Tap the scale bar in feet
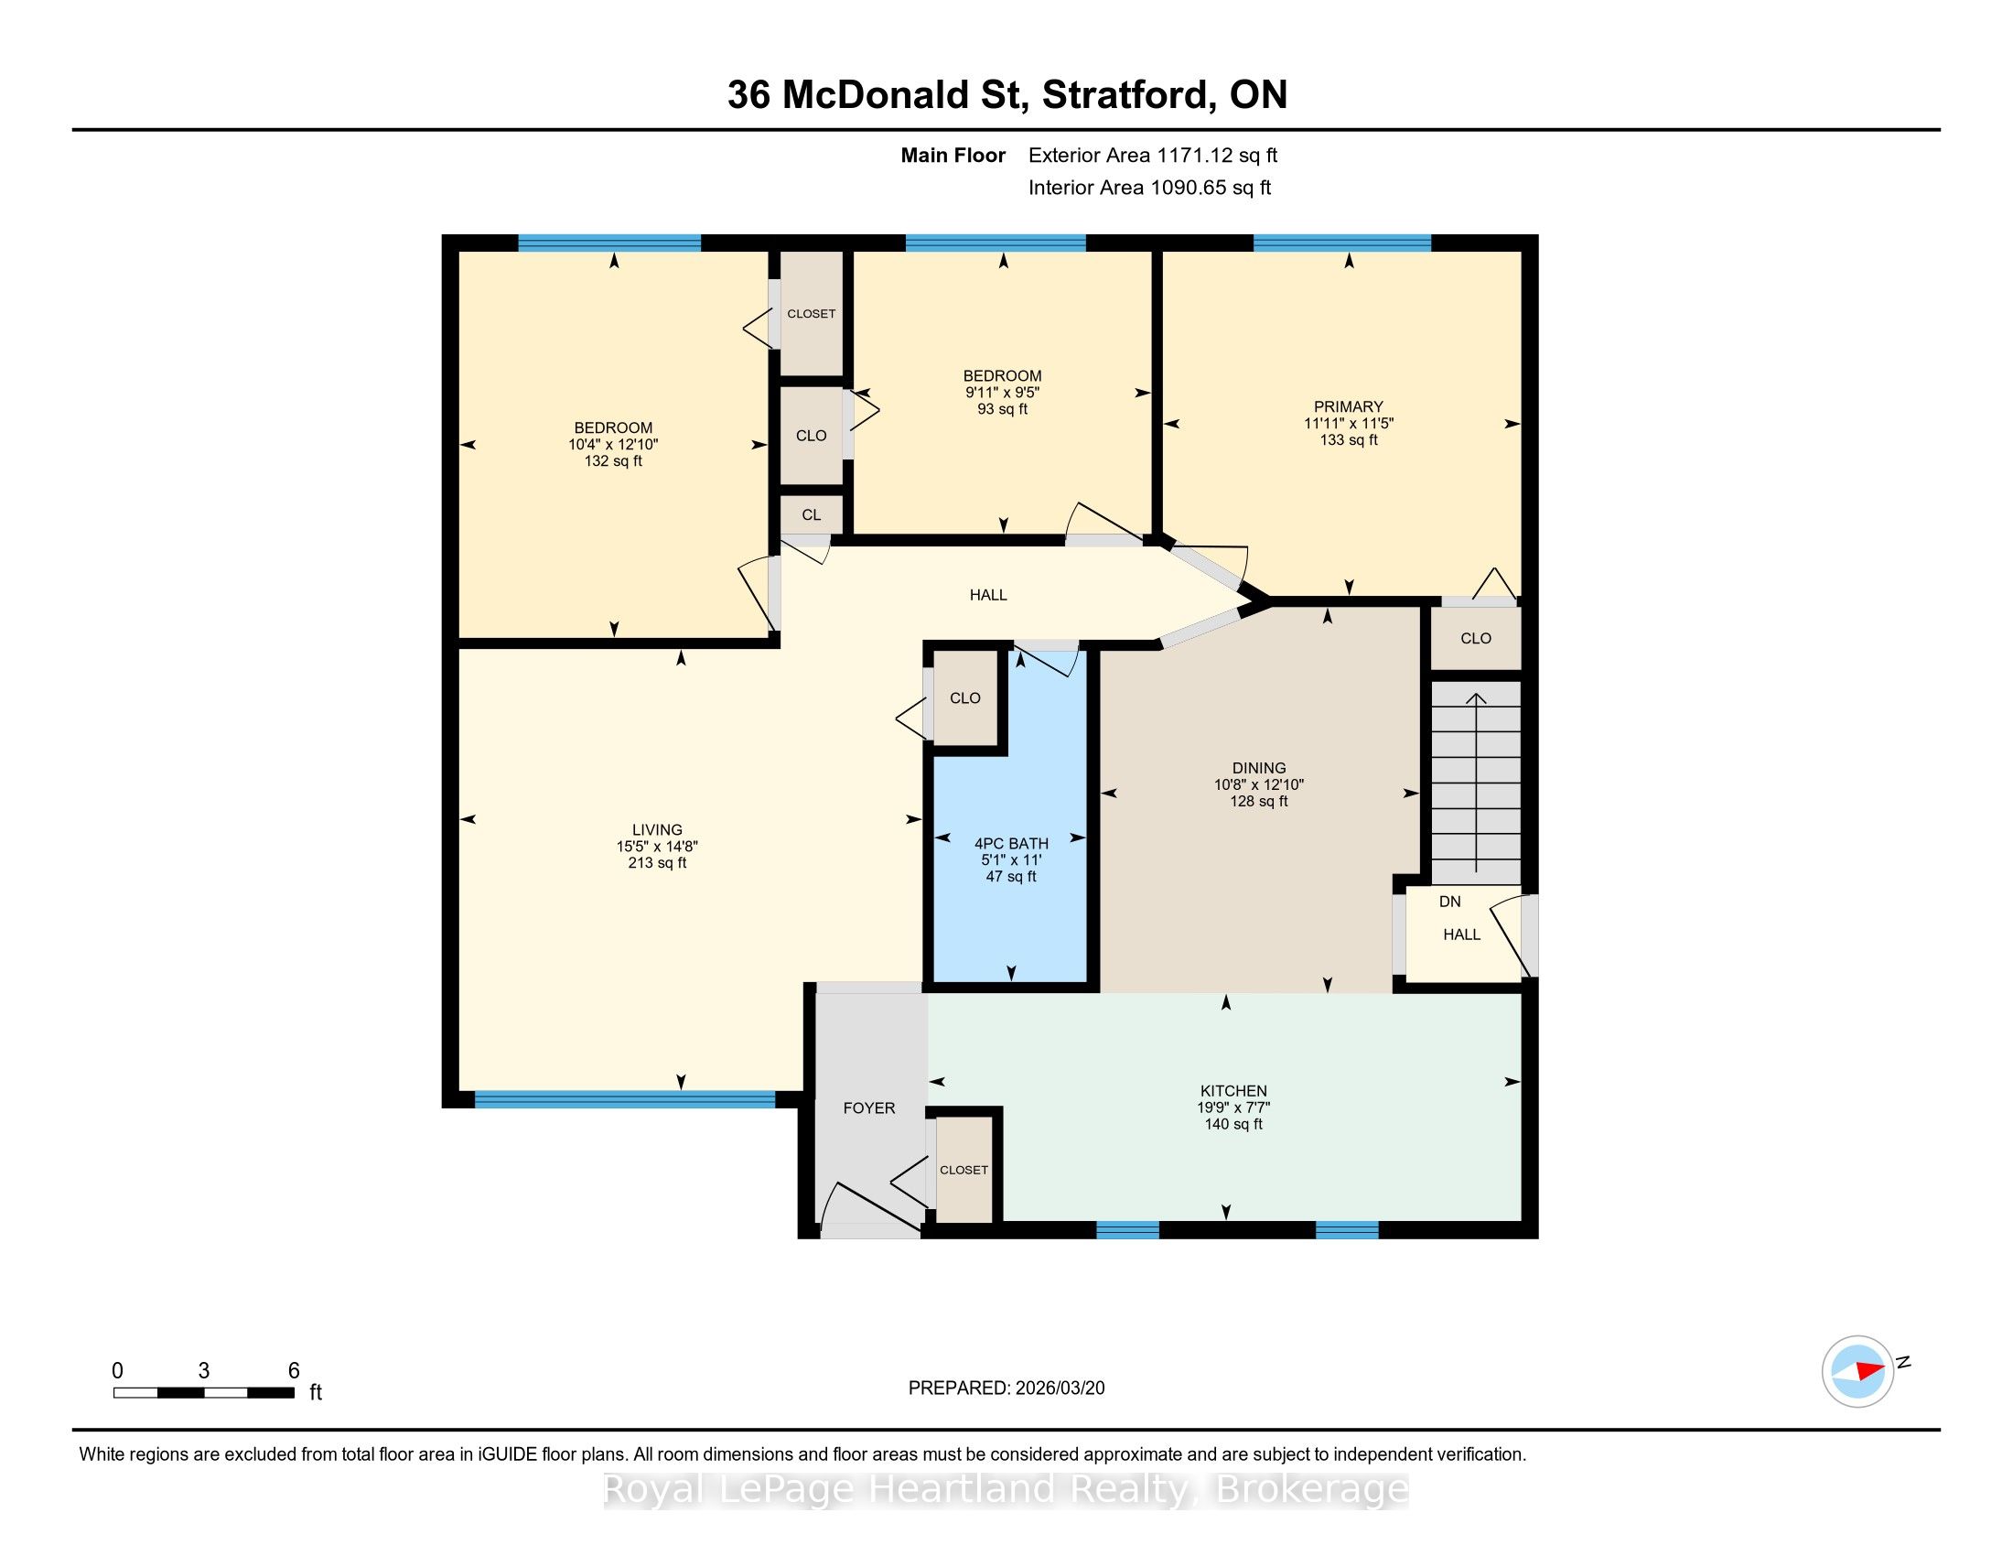204,1393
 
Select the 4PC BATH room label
1011,844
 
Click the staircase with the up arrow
1476,783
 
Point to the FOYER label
869,1108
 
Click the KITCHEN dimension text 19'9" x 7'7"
1233,1108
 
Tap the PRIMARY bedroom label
1349,406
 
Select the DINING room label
1259,768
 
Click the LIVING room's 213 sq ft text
657,863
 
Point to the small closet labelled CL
811,514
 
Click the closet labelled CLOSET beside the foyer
964,1170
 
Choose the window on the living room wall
625,1098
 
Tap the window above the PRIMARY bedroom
1342,243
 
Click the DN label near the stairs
1450,902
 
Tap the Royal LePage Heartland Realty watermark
1006,1488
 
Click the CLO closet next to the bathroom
965,697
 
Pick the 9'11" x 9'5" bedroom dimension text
1002,392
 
